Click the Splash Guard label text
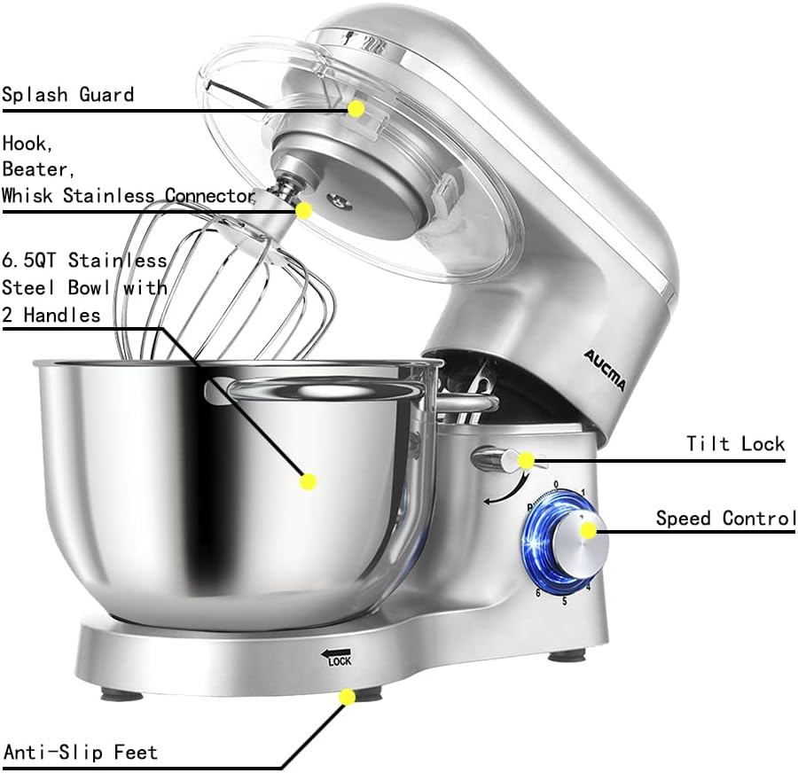coord(68,94)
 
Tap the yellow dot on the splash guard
coord(356,108)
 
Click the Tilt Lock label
coord(735,443)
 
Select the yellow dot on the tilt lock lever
coord(527,460)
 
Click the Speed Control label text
coord(725,519)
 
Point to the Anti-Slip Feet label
coord(81,753)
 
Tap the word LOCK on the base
coord(340,661)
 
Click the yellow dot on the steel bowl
coord(309,481)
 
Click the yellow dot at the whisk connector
coord(303,211)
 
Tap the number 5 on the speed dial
coord(564,601)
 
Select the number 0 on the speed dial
coord(556,484)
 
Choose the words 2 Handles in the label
coord(51,315)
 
